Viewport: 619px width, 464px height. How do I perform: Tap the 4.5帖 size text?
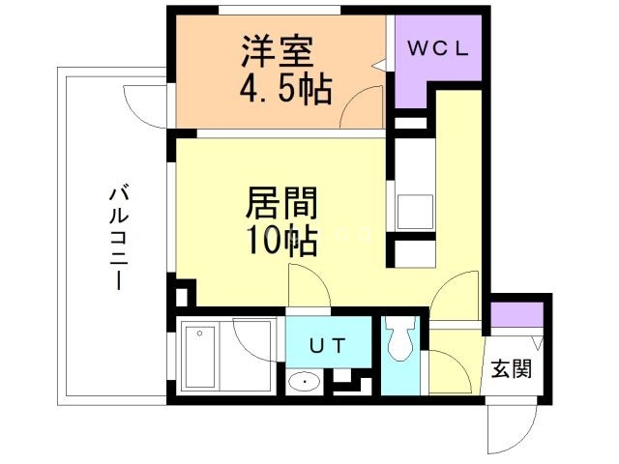click(285, 91)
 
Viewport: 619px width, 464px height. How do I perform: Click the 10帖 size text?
click(281, 241)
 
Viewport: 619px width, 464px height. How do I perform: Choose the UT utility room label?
click(324, 345)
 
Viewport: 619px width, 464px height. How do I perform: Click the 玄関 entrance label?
click(510, 368)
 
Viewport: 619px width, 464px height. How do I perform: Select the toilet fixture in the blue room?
click(398, 342)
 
